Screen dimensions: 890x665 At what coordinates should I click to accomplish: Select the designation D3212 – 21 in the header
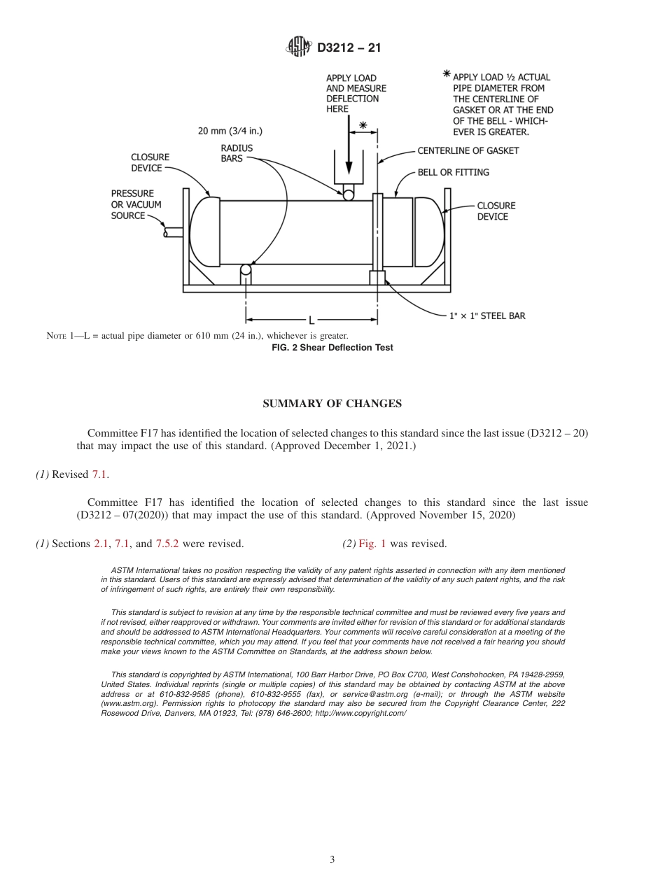[349, 48]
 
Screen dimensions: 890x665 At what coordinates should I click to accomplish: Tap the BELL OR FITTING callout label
[453, 172]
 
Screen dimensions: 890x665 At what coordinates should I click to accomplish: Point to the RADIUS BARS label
[237, 153]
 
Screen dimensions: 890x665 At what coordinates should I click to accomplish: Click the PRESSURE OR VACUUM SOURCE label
[136, 204]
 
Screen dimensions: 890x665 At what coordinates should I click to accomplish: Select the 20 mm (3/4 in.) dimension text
[230, 131]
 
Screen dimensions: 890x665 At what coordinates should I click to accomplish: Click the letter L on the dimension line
[312, 320]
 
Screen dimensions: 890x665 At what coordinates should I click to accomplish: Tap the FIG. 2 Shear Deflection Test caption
[332, 348]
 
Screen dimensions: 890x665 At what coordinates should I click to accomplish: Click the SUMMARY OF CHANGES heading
[332, 404]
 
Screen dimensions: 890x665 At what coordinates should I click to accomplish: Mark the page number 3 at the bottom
[332, 859]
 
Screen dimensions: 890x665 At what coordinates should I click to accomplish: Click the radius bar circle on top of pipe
[348, 196]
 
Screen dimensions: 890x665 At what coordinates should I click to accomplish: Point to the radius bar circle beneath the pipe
[246, 269]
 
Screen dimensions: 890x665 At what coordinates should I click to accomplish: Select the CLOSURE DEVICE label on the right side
[496, 211]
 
